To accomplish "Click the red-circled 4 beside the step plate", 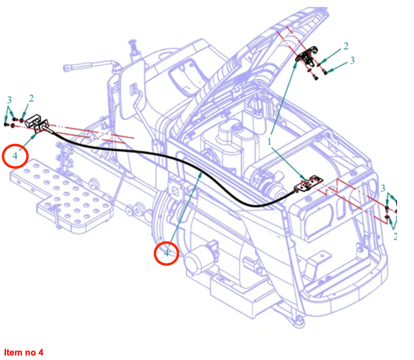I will click(15, 156).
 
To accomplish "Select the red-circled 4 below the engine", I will click(166, 253).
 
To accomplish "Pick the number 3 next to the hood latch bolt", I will click(352, 60).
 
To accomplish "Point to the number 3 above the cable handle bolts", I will click(9, 98).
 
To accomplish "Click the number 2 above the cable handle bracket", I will click(31, 98).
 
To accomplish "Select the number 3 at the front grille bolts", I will click(383, 188).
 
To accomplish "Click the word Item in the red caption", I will click(11, 352).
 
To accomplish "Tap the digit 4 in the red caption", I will click(41, 352).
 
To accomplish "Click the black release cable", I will click(150, 150).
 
